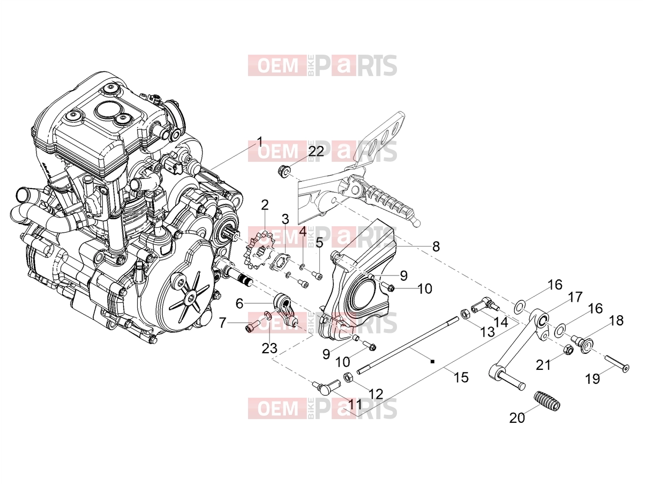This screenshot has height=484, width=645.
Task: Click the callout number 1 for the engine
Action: [259, 142]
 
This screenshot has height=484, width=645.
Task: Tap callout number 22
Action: [316, 151]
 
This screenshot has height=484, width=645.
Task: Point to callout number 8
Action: [436, 246]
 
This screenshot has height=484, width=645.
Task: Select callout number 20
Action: [517, 418]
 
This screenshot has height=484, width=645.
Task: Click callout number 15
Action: [461, 377]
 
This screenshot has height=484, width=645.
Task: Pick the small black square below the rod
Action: [432, 362]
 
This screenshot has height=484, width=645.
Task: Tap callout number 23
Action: [269, 348]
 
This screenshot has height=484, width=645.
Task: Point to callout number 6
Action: [239, 303]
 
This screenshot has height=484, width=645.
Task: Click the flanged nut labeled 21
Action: [568, 349]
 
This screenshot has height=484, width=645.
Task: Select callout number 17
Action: [575, 297]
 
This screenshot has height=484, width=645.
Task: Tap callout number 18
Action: [617, 321]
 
